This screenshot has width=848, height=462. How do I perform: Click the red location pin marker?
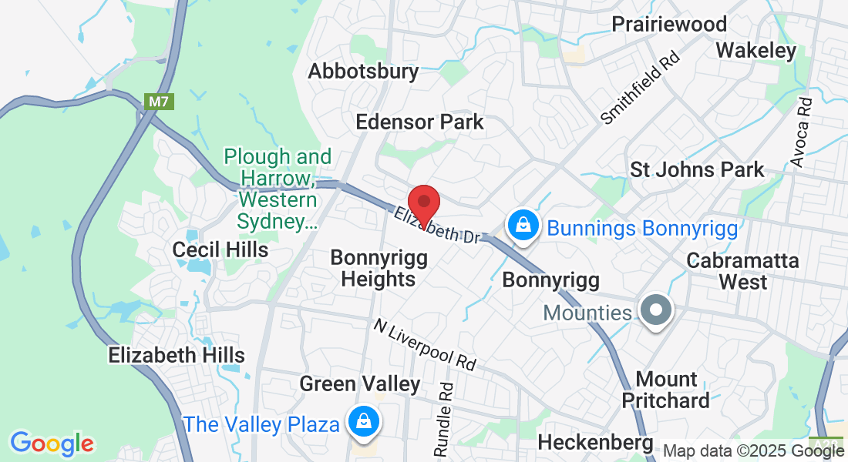pos(423,203)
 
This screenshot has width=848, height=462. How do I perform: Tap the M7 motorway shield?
pos(156,102)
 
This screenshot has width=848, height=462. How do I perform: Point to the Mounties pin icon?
pos(657,312)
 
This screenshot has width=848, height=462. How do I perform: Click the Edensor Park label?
pos(419,122)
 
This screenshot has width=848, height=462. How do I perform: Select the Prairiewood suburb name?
pos(669,24)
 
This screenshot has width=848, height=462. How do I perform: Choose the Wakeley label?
pos(755,51)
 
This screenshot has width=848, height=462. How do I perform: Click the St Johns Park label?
pos(697,169)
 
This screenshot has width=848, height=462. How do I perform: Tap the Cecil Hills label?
pos(220,249)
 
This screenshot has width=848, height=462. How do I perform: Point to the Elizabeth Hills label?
pos(177,355)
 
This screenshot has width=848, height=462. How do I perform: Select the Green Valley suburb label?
pos(359,383)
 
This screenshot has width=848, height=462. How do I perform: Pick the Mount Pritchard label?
pos(665,390)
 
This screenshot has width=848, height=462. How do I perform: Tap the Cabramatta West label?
pos(742,271)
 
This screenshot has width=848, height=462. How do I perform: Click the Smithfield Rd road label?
pos(641,88)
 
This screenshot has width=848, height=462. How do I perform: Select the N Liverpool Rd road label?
pos(424,343)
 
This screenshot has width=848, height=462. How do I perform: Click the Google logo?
pos(52,444)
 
